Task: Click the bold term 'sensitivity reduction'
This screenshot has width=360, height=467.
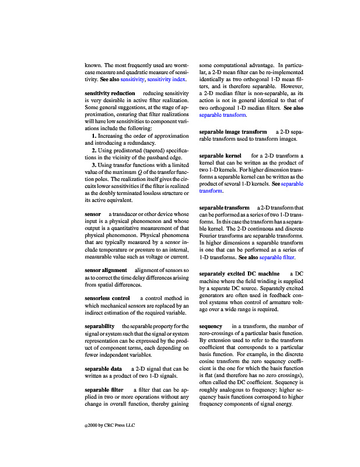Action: point(110,93)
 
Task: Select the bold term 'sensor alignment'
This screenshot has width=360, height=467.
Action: point(106,270)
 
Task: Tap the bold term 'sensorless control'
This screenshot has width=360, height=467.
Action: point(107,298)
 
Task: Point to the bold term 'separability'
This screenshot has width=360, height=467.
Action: point(99,326)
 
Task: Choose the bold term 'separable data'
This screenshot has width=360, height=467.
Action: point(103,369)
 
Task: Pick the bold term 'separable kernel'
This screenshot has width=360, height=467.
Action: point(220,156)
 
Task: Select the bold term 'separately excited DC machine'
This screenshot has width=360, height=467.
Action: point(239,274)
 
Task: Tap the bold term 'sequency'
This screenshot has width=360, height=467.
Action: point(211,326)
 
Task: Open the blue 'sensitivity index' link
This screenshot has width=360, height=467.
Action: point(166,79)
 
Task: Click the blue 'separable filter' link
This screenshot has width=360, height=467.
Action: point(277,257)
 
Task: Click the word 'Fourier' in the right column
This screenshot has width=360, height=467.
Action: point(208,236)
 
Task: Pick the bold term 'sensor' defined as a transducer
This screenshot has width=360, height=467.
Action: point(93,214)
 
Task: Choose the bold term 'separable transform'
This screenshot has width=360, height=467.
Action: point(224,208)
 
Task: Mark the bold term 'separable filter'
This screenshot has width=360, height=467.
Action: point(104,389)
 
